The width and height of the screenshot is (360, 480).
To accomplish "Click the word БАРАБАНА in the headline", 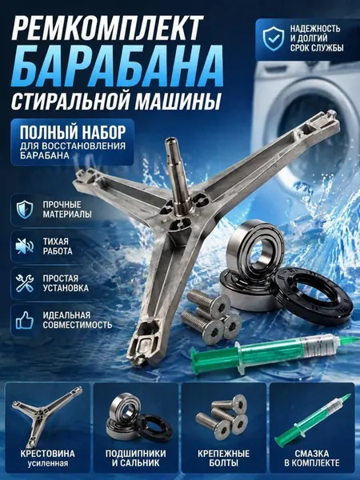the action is click(117, 66).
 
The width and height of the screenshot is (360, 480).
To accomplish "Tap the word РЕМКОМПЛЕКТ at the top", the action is click(107, 28).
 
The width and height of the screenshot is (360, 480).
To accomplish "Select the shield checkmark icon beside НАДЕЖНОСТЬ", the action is click(274, 38).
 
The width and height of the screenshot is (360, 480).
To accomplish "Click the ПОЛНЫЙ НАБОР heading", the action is click(73, 133).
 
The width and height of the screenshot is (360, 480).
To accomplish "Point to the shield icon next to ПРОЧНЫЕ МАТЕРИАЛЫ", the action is click(25, 210).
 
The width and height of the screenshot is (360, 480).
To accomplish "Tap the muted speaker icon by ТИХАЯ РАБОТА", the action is click(25, 246).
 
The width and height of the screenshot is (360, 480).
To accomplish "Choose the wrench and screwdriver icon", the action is click(25, 283).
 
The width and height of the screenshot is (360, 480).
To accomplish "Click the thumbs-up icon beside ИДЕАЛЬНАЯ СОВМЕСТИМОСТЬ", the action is click(25, 320).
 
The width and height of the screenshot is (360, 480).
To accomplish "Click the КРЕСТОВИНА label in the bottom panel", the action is click(48, 454).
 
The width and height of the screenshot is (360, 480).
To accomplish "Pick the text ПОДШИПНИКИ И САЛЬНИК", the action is click(136, 458).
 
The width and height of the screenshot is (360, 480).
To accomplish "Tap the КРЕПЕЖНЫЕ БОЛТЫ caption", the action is click(224, 458).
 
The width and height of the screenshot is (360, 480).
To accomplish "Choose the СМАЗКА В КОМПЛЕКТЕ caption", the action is click(312, 458).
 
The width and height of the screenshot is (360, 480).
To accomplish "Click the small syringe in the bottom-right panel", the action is click(312, 420).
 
